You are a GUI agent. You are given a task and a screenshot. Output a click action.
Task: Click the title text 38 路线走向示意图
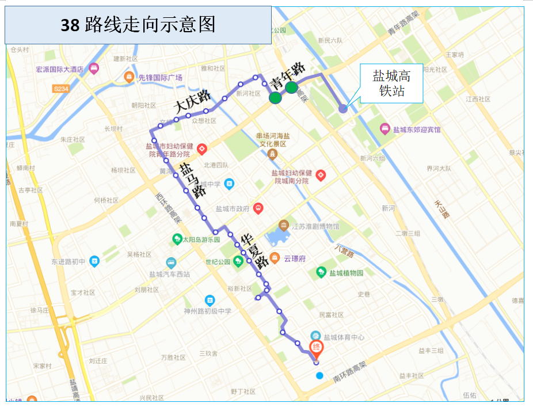tap(138, 25)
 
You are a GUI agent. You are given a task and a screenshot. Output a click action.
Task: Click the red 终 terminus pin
tap(316, 348)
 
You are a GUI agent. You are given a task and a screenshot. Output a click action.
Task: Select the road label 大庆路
tap(192, 102)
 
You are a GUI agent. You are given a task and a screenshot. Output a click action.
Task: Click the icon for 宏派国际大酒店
tap(94, 69)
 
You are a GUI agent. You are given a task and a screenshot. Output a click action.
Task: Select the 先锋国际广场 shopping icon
tap(129, 77)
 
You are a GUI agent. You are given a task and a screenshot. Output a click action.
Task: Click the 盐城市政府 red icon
tap(258, 208)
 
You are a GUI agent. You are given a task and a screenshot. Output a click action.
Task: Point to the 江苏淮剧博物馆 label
tap(316, 226)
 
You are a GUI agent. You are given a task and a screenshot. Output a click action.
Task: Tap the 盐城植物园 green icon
tap(321, 273)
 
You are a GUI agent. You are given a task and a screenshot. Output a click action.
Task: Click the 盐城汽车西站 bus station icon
tap(171, 263)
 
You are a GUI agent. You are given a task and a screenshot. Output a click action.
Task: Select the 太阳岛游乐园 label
tap(201, 239)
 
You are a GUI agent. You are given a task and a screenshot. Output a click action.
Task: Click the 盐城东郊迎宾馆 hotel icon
tap(385, 130)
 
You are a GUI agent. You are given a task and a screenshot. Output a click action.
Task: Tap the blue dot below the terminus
tap(319, 376)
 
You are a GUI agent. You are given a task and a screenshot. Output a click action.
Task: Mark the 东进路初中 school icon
tap(94, 261)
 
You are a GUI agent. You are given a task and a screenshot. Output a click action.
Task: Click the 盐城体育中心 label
tap(343, 337)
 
